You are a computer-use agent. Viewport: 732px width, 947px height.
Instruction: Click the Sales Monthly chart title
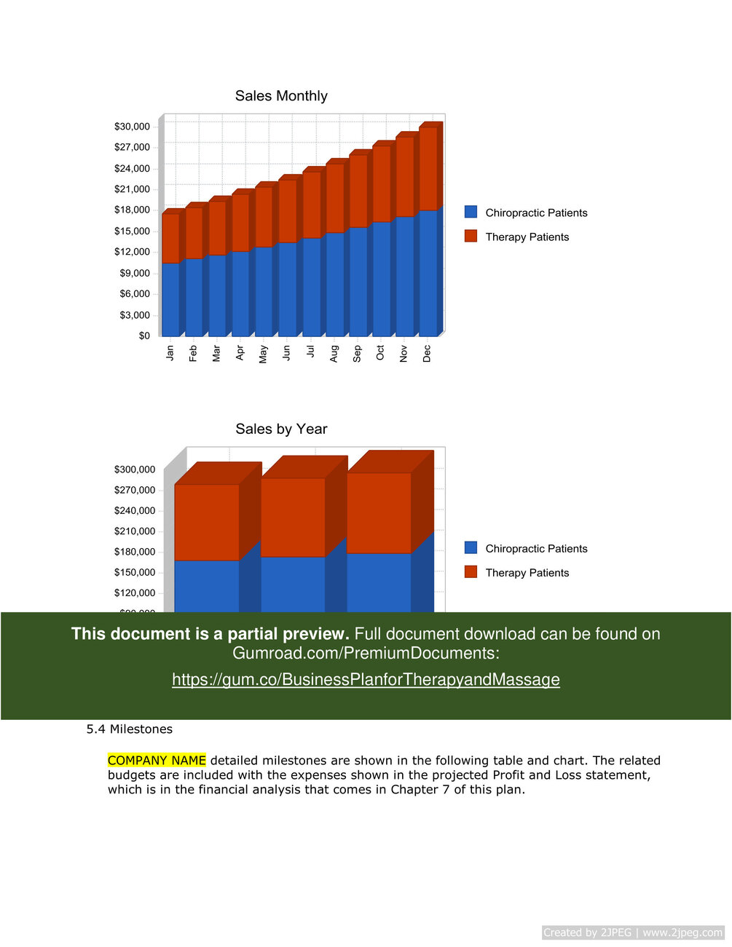coord(281,96)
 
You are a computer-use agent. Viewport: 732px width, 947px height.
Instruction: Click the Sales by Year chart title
coord(281,429)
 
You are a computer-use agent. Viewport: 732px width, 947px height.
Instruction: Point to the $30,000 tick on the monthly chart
coord(132,127)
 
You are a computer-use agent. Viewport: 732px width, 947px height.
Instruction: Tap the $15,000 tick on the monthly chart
coord(132,231)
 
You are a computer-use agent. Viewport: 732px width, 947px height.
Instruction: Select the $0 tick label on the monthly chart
coord(144,336)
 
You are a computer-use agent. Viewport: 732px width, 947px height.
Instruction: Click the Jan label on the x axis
coord(170,353)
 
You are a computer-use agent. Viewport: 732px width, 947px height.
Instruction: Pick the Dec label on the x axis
coord(427,354)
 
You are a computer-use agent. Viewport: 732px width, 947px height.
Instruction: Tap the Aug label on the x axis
coord(334,354)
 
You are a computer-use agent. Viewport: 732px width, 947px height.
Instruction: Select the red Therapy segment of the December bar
coord(428,168)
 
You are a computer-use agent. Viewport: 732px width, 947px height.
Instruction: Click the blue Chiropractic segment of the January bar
coord(170,299)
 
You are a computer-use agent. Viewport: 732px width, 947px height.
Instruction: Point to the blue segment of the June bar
coord(287,289)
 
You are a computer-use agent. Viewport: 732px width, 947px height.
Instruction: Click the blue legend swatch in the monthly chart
coord(471,212)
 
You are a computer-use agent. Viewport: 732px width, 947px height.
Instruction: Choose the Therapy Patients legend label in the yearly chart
coord(527,573)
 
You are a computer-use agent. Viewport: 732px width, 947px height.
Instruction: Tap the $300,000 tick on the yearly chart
coord(135,469)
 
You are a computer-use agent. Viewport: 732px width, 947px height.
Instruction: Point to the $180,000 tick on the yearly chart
coord(135,552)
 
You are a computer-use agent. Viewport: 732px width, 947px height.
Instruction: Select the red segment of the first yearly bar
coord(207,522)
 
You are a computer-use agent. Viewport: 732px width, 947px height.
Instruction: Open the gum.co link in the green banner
coord(366,680)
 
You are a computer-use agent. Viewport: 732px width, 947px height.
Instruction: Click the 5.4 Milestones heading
coord(130,729)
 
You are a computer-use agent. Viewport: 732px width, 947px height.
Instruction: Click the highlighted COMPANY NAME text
coord(157,761)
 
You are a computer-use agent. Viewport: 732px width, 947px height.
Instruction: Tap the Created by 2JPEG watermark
coord(632,932)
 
